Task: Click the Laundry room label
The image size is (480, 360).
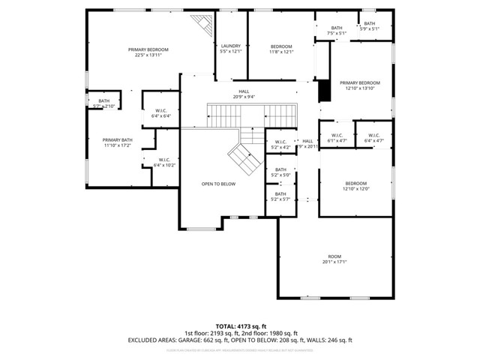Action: pos(230,49)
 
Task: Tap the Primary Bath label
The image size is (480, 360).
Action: pos(117,142)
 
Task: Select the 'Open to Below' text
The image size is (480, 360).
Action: pos(219,184)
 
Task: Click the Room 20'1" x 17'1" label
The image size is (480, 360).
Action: pos(334,259)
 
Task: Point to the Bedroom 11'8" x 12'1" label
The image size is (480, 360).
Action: pos(281,49)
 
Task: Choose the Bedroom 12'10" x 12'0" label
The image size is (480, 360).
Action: pos(355,186)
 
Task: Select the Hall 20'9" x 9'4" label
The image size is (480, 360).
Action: pos(244,94)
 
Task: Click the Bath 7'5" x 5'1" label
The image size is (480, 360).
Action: pos(337,31)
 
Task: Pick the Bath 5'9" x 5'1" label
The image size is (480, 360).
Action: pos(370,26)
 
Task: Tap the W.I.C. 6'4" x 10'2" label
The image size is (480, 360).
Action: pos(164,162)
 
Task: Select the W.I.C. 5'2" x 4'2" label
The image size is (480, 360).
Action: pos(280,145)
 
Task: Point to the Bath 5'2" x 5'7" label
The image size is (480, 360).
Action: pos(280,197)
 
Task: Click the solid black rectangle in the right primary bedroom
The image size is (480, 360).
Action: pos(324,91)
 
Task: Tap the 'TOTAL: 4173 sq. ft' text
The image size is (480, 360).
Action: pos(239,326)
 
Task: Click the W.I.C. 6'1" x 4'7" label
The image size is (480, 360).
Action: pos(337,138)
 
